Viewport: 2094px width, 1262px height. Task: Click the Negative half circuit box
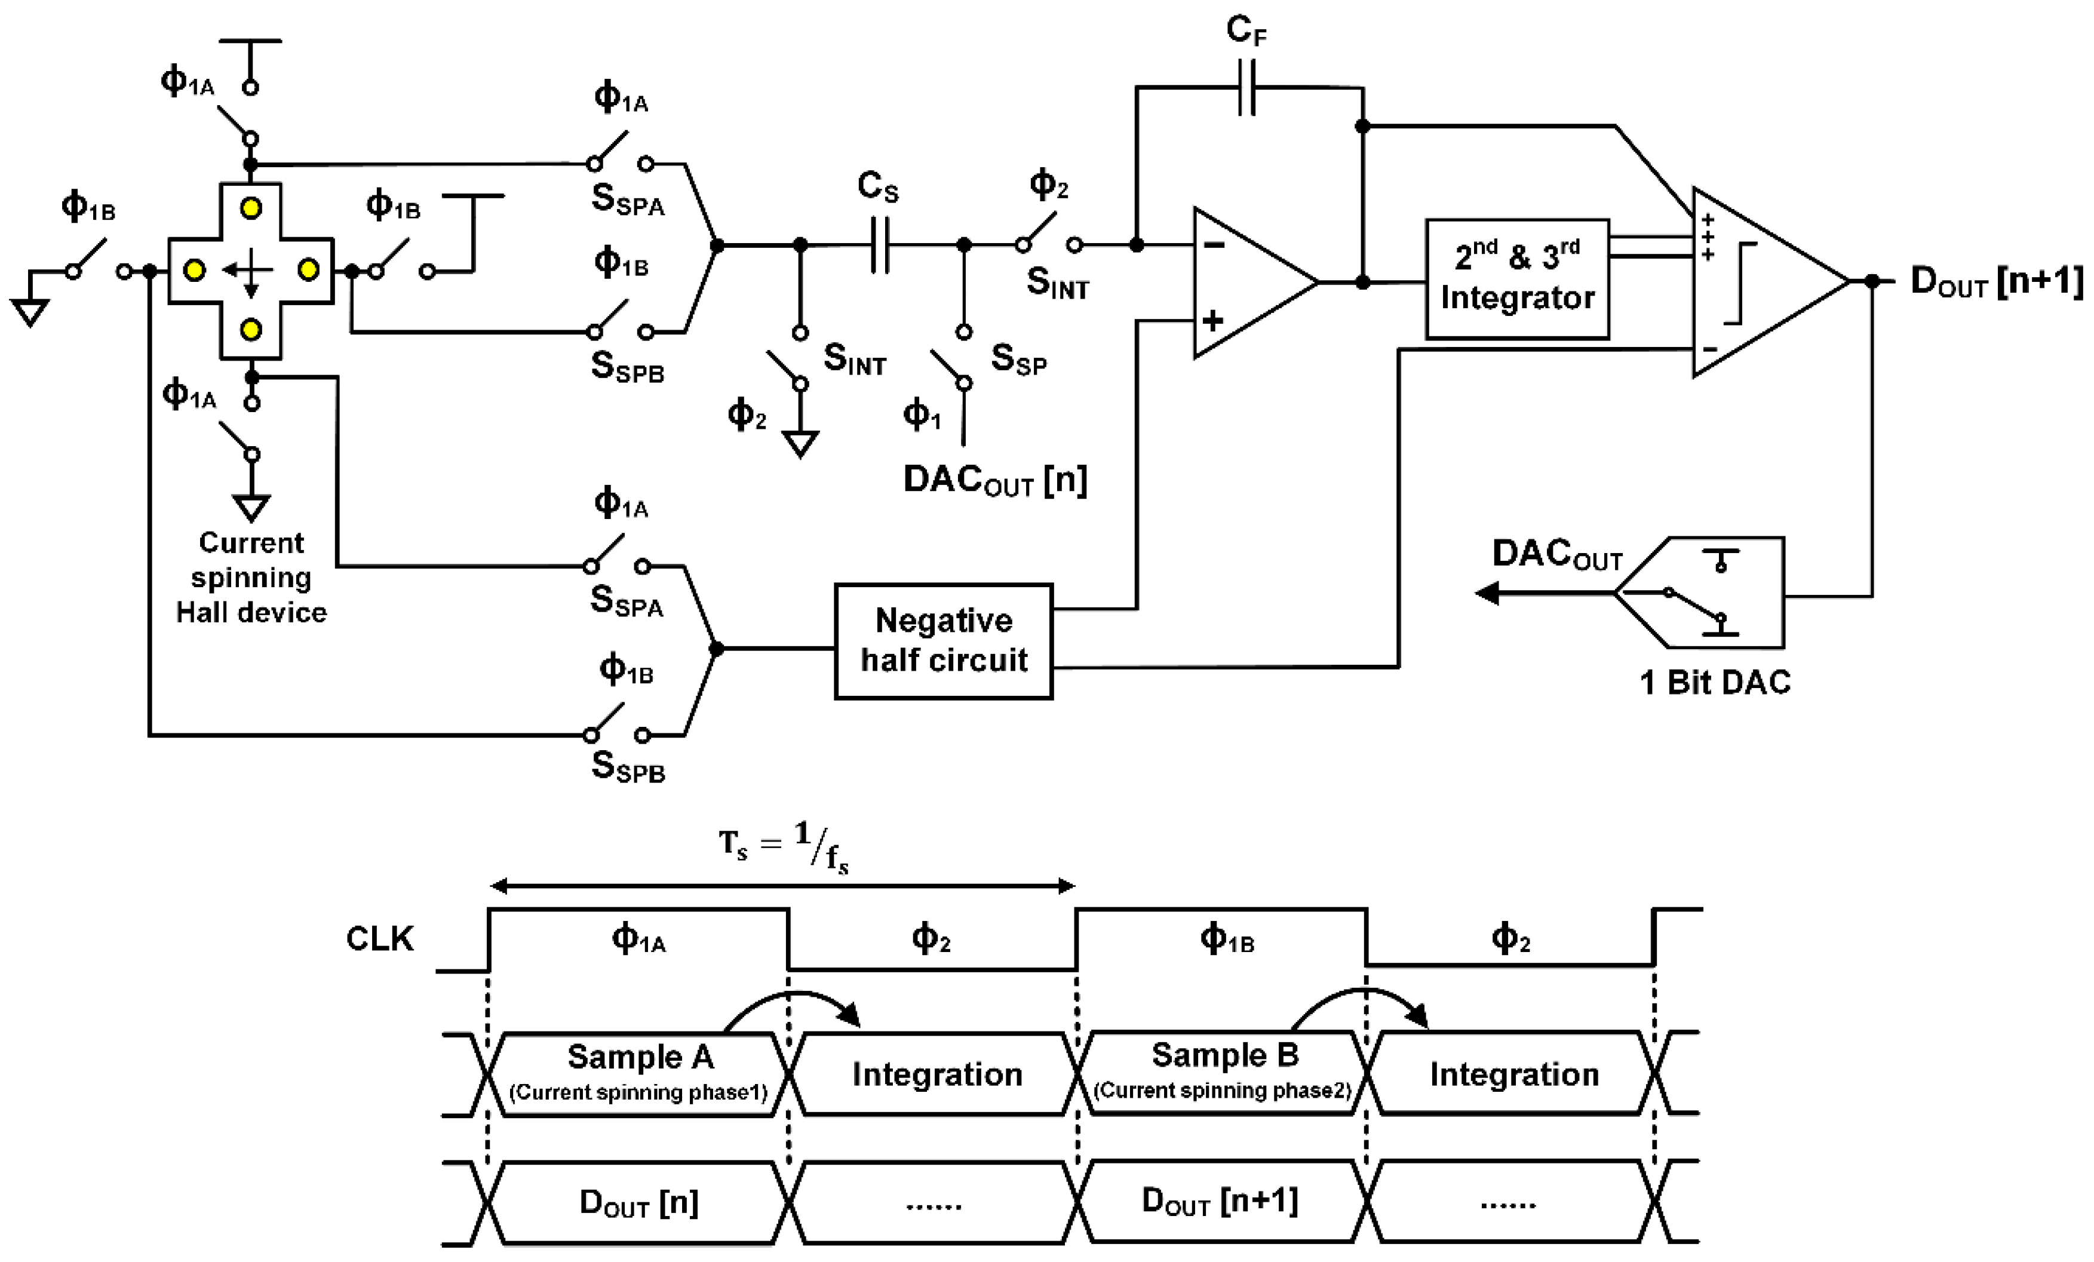[x=943, y=641]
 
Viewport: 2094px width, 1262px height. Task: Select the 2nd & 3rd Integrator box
[x=1517, y=279]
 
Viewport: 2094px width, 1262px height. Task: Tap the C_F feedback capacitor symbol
[x=1246, y=87]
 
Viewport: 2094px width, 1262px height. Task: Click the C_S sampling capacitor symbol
[x=880, y=245]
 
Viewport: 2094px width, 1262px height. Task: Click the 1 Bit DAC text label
[x=1714, y=683]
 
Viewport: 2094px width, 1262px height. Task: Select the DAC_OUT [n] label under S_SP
[x=995, y=480]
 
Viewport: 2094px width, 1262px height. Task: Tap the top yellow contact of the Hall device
[x=251, y=208]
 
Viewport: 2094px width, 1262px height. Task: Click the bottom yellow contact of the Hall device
[x=251, y=330]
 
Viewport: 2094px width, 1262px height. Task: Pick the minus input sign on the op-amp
[x=1214, y=245]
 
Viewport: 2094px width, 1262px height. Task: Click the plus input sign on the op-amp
[x=1212, y=320]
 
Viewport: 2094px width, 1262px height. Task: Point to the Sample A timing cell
[x=639, y=1073]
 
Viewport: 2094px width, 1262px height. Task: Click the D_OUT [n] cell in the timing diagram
[x=639, y=1202]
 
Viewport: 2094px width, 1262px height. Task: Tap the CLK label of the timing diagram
[x=379, y=939]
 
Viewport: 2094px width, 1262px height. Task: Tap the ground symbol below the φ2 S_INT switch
[x=800, y=443]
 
